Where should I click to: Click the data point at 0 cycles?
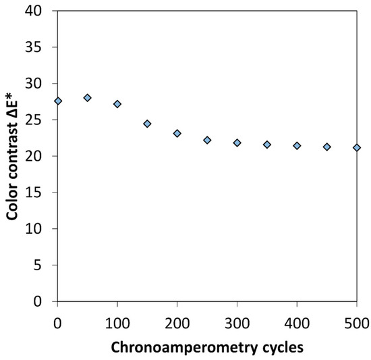[58, 101]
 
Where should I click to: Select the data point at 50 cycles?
[88, 98]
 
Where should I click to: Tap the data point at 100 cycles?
[117, 104]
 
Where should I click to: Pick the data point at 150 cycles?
[147, 124]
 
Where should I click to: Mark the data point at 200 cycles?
[177, 134]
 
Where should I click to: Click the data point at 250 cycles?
[207, 140]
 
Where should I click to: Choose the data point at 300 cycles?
[237, 143]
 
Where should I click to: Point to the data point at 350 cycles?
[267, 145]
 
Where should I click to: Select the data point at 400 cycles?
[297, 145]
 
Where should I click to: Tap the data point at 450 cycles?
[327, 147]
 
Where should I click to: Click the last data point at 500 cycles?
[357, 147]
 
